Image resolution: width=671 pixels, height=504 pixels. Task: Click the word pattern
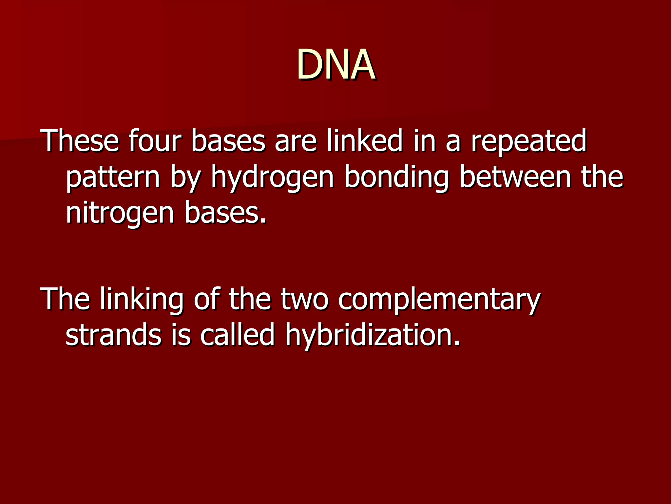coord(113,178)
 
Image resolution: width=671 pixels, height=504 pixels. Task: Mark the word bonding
coord(397,178)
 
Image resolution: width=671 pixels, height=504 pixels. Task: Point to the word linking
coord(142,300)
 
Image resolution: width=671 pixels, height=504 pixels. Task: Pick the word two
coord(304,300)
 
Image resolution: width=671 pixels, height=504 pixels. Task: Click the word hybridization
coord(373,336)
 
